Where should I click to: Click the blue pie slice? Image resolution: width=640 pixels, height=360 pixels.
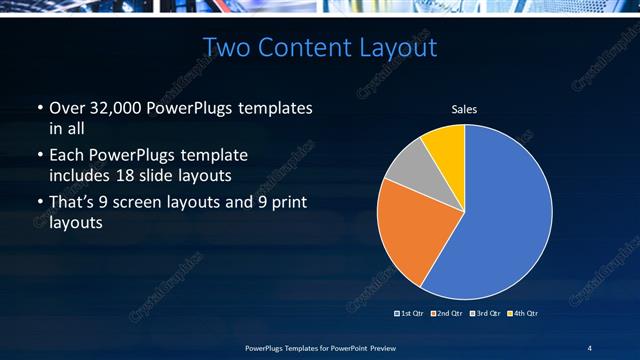[x=500, y=215]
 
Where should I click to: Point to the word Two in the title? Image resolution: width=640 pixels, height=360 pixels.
[x=227, y=47]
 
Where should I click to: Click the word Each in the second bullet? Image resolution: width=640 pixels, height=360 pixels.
[x=67, y=155]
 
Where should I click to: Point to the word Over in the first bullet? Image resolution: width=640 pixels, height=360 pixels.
[x=67, y=108]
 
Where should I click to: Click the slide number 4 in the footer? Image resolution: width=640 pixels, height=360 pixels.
[x=590, y=347]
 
